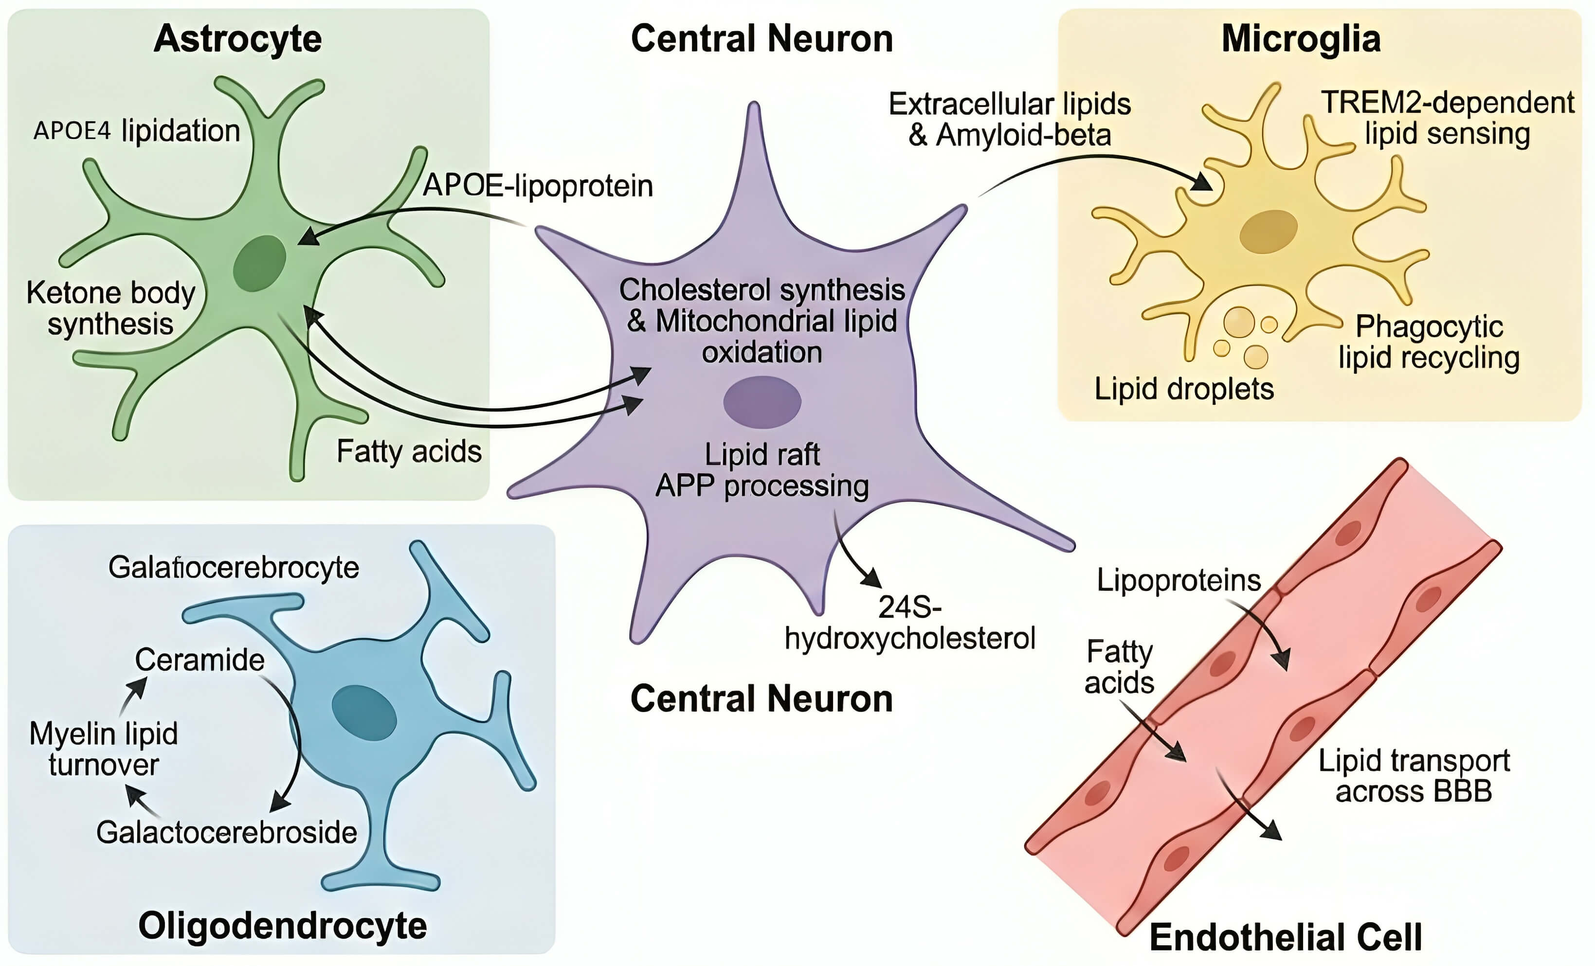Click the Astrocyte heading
(x=237, y=39)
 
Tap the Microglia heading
(x=1301, y=39)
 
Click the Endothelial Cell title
(x=1286, y=937)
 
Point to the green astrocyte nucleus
(x=259, y=263)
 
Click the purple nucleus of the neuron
(x=762, y=402)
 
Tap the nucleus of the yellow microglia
(x=1268, y=231)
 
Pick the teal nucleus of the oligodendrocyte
(x=364, y=713)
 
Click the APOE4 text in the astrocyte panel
(x=72, y=131)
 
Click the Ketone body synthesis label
(x=110, y=308)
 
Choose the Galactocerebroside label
(x=227, y=833)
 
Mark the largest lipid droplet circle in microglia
(x=1239, y=322)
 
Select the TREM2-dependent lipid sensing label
(x=1448, y=118)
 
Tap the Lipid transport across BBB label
(x=1414, y=776)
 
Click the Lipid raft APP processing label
(x=762, y=470)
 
